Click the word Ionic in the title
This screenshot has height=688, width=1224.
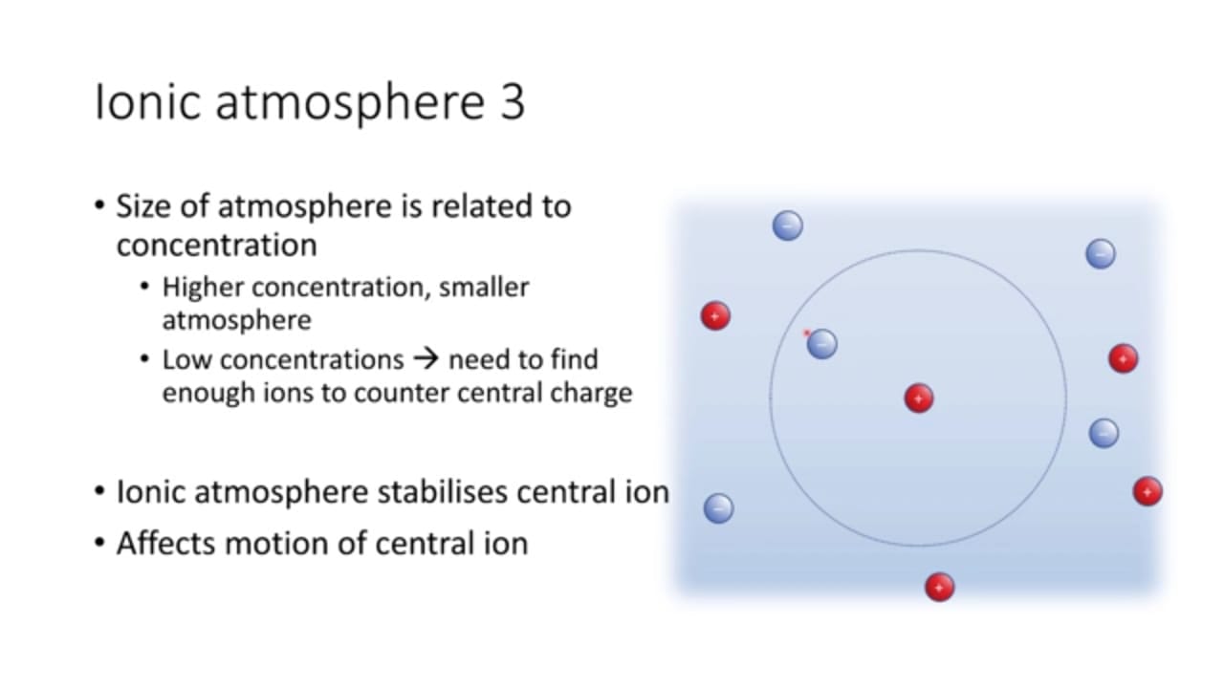click(x=147, y=101)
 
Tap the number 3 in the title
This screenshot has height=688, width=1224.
click(x=512, y=101)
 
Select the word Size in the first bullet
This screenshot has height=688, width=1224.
click(x=143, y=206)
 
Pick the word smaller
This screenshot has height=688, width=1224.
click(x=484, y=288)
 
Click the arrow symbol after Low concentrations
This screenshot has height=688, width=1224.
click(x=426, y=359)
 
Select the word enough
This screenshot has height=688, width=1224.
click(x=208, y=393)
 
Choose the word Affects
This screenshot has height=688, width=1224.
click(x=166, y=544)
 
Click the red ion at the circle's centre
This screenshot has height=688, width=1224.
click(x=919, y=398)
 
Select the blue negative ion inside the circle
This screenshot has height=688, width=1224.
click(x=821, y=344)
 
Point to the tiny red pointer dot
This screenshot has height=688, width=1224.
click(x=806, y=333)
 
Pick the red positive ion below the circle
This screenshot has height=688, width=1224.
click(x=939, y=587)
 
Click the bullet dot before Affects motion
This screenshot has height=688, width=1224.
click(x=99, y=544)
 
